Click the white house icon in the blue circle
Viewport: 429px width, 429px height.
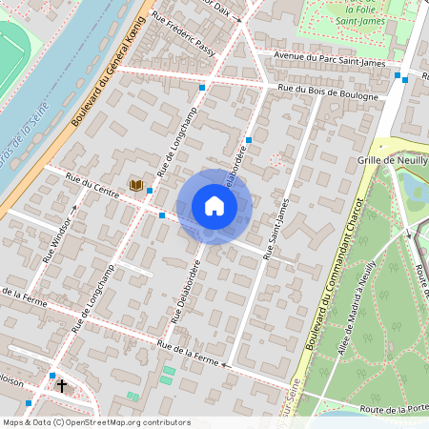214,206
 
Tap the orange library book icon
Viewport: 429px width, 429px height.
135,184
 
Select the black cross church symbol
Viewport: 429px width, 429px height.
63,386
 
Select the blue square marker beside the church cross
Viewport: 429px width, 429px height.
51,377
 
